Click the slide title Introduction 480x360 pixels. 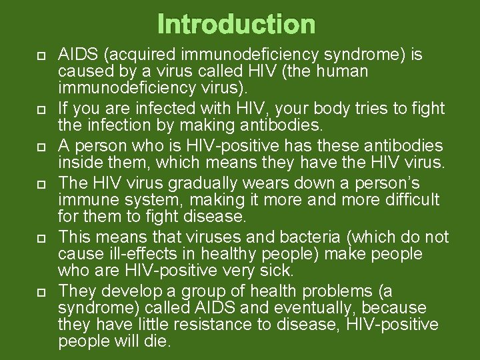click(237, 25)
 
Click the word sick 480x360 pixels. click(278, 271)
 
